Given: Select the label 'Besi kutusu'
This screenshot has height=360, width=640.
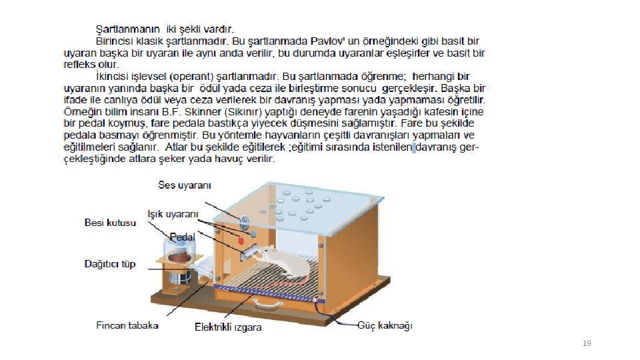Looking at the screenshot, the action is click(x=110, y=223).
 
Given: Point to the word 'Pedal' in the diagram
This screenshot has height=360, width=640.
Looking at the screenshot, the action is click(x=182, y=237).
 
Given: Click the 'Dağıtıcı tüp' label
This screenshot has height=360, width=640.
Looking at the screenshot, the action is click(x=110, y=264).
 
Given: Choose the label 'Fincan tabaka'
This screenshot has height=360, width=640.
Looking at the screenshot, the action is click(x=127, y=325).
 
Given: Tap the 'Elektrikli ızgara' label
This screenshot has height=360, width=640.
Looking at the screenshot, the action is click(x=228, y=327).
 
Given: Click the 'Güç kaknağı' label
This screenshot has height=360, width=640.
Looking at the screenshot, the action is click(x=385, y=325).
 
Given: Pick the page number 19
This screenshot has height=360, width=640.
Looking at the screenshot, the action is click(x=587, y=343).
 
